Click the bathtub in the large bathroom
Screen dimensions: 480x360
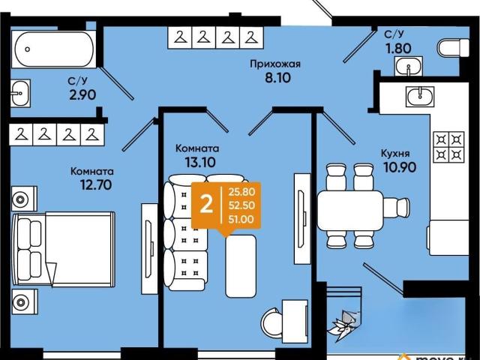coord(54,49)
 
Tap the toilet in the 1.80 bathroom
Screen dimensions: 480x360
coord(453,48)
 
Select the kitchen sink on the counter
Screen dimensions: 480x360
coord(420,96)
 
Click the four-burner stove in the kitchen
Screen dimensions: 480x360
coord(448,147)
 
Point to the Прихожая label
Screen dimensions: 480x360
coord(275,64)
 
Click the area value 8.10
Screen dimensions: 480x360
coord(277,78)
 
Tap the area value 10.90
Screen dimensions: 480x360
coord(400,167)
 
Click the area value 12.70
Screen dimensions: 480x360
coord(95,184)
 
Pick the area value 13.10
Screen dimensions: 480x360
coord(200,162)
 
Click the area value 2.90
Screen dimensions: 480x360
coord(82,95)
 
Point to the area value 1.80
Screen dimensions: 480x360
coord(398,48)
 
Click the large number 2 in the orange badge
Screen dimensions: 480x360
coord(206,205)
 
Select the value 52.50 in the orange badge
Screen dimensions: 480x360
coord(241,205)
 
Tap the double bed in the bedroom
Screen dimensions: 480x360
coord(63,249)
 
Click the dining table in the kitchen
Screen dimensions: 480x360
coord(350,210)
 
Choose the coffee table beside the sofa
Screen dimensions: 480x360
coord(241,266)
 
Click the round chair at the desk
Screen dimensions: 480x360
coord(272,320)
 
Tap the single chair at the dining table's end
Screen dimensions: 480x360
coord(396,208)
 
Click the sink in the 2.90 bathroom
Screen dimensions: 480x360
coord(20,93)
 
